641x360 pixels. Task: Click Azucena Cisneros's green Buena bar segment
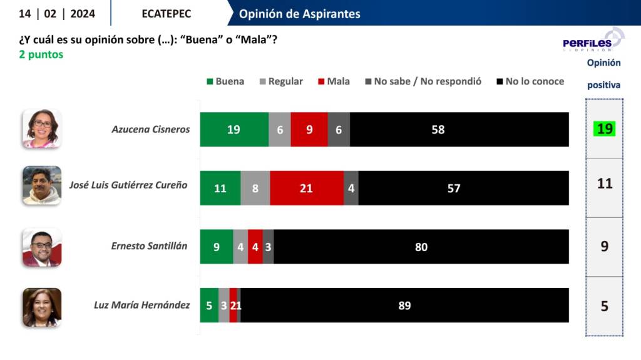[234, 130]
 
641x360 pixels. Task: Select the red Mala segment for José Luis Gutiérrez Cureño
[307, 188]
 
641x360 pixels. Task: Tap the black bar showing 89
[404, 306]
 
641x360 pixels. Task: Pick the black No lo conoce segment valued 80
[421, 247]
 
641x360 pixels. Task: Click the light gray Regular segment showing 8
[255, 188]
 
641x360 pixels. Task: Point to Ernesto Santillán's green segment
[217, 247]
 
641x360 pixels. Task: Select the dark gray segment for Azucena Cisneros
[339, 130]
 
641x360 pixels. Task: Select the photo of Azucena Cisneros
[42, 128]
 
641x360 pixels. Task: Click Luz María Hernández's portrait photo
[42, 307]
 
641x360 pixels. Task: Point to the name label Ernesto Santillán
[149, 246]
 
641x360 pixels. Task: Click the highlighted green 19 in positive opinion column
[604, 129]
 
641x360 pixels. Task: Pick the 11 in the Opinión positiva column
[604, 184]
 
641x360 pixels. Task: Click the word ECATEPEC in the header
[167, 14]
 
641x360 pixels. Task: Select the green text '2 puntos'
[41, 55]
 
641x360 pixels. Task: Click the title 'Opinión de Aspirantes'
[300, 14]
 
